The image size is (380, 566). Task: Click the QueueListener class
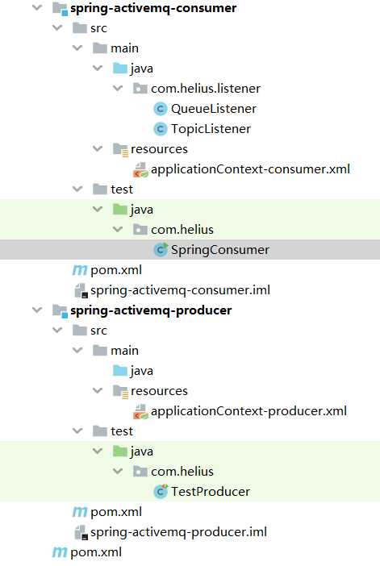tap(214, 109)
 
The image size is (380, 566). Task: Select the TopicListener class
tap(211, 129)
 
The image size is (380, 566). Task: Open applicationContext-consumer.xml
tap(250, 169)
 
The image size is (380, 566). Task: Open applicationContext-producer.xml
tap(248, 411)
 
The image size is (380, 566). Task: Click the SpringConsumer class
tap(220, 250)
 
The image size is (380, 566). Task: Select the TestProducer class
tap(211, 492)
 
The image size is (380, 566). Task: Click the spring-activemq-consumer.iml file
tap(180, 290)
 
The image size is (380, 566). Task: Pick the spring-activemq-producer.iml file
tap(178, 532)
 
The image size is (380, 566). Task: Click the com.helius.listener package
tap(206, 89)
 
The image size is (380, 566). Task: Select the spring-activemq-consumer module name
tap(153, 8)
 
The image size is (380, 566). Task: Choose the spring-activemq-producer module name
tap(151, 310)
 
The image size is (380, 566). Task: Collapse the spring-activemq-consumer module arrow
tap(37, 7)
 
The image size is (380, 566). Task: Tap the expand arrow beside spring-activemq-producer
tap(37, 310)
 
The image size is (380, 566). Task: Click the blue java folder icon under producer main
tap(120, 371)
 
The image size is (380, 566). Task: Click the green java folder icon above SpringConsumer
tap(120, 210)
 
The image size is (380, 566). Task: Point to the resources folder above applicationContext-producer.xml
tap(159, 391)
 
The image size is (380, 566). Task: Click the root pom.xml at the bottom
tap(96, 552)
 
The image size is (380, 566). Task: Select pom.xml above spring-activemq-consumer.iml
tap(116, 270)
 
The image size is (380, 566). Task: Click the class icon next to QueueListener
tap(160, 109)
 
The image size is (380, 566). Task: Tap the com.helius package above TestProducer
tap(182, 472)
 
